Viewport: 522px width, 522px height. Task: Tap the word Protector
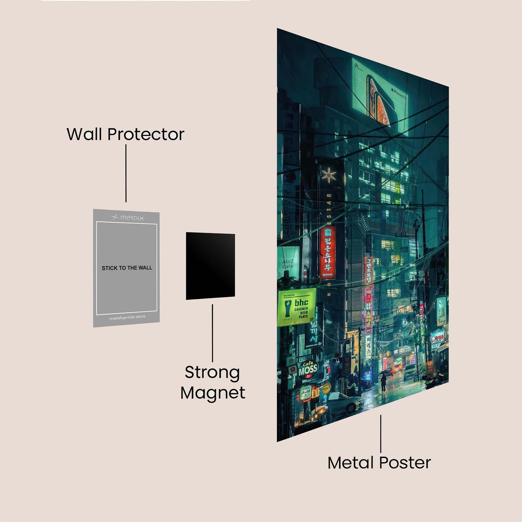pos(146,135)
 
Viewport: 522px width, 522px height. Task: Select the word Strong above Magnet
pos(212,373)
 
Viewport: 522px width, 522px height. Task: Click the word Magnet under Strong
pos(213,393)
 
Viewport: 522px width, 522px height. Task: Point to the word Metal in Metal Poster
pos(351,463)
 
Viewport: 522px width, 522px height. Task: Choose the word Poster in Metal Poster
pos(405,463)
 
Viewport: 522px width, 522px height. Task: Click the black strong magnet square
pos(210,266)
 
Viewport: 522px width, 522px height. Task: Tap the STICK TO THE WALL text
pos(127,268)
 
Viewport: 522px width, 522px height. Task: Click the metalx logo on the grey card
pos(128,217)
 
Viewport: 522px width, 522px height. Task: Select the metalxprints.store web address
pos(127,317)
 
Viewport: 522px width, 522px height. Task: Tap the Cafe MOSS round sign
pos(308,369)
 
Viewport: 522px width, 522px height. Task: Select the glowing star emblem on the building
pos(329,175)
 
